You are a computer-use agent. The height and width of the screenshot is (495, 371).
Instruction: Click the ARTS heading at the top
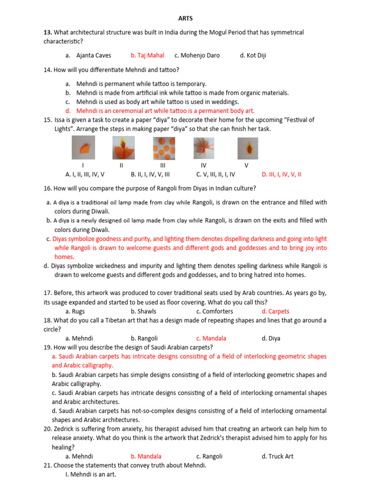[x=185, y=18]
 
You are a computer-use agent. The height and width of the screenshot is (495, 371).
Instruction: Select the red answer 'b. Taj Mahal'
[x=147, y=56]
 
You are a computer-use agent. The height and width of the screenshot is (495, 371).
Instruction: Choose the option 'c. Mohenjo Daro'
[x=197, y=56]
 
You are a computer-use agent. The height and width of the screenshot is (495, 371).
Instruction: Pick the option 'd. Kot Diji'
[x=253, y=56]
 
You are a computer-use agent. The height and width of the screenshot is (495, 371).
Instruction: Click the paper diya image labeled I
[x=83, y=147]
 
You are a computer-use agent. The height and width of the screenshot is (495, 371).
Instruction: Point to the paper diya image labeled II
[x=123, y=147]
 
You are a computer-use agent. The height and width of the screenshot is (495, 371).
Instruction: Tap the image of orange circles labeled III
[x=163, y=147]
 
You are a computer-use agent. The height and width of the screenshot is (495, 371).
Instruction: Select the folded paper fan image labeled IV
[x=204, y=147]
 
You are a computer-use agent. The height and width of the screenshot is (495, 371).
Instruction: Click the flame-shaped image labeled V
[x=247, y=147]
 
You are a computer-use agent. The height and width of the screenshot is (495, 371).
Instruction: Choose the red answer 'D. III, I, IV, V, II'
[x=281, y=175]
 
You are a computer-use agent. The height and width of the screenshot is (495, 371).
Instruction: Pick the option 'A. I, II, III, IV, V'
[x=85, y=175]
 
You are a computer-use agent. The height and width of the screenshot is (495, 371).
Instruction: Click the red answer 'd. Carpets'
[x=275, y=311]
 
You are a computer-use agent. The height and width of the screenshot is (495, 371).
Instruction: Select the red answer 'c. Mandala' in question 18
[x=211, y=338]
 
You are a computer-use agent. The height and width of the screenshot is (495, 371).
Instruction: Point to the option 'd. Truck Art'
[x=277, y=456]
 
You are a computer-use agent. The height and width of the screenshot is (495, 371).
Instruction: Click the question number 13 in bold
[x=47, y=32]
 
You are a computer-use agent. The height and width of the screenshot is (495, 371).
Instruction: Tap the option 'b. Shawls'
[x=143, y=311]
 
